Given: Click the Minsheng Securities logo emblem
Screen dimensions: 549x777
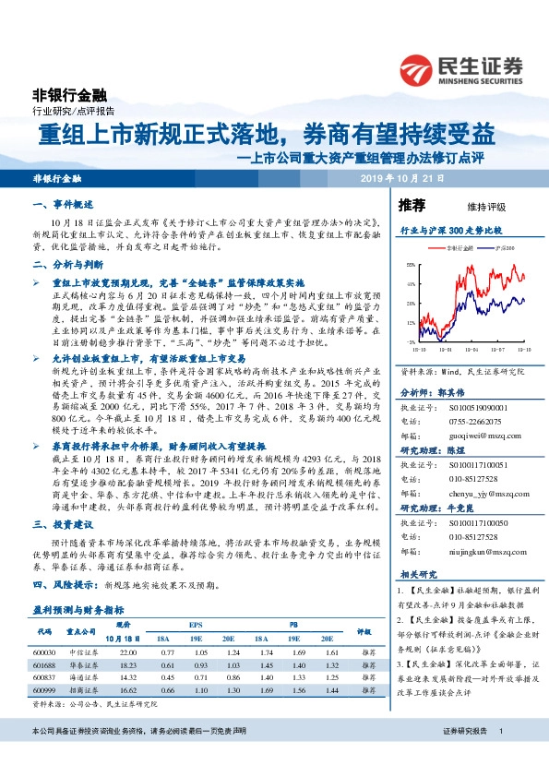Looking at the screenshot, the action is click(x=418, y=67).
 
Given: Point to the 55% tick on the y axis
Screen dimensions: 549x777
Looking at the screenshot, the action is click(x=410, y=265).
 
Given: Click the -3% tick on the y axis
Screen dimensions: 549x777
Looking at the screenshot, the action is click(x=410, y=341).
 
